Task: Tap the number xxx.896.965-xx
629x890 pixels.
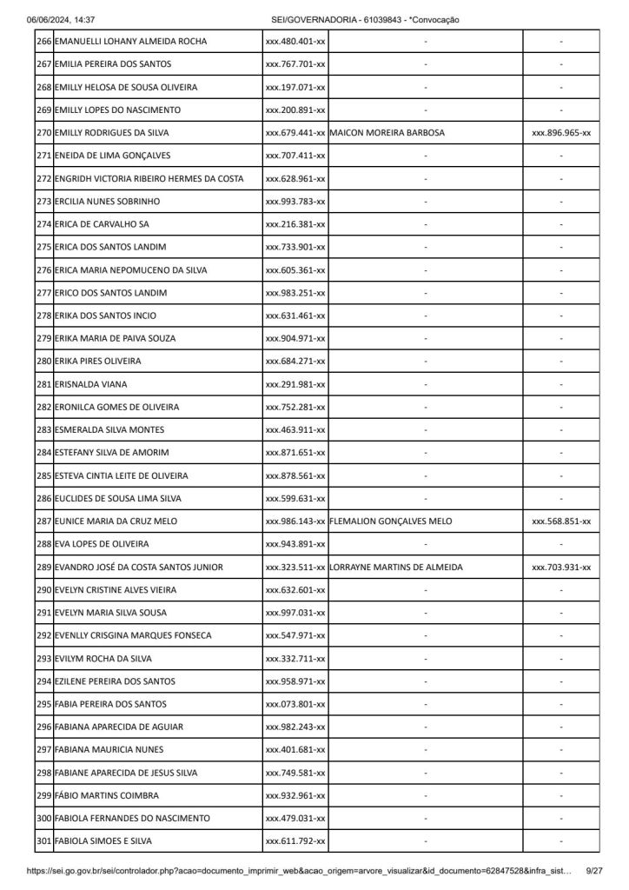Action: click(560, 133)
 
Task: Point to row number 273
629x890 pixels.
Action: click(44, 202)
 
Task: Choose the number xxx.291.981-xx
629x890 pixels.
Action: click(295, 384)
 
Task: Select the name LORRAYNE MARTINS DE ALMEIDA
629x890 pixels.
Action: click(396, 568)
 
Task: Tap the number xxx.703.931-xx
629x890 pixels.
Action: click(560, 568)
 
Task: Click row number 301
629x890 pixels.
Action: click(44, 841)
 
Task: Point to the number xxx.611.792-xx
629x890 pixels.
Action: click(295, 841)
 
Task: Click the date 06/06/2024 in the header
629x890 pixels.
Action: click(49, 19)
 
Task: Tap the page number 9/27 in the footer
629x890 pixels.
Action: click(595, 870)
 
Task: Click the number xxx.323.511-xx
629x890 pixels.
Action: click(295, 568)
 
